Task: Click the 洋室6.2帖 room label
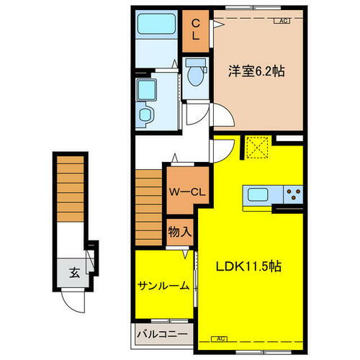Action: [x=256, y=71]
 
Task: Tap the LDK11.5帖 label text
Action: [x=249, y=266]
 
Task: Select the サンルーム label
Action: [x=163, y=285]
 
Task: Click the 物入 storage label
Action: [x=180, y=232]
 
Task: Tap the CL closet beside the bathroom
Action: [x=195, y=31]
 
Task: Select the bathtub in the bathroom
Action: [x=157, y=29]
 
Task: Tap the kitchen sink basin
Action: [x=257, y=194]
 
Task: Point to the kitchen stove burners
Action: [x=293, y=194]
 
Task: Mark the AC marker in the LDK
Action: [x=220, y=338]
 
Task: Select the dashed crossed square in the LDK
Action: [x=256, y=149]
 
